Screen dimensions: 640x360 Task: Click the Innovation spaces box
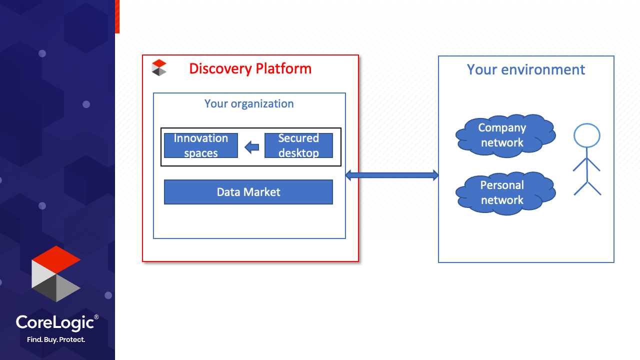pos(201,145)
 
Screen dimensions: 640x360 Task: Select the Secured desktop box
pos(298,145)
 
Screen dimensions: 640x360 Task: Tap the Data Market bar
pos(248,192)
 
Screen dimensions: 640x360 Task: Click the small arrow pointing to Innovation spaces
pos(251,147)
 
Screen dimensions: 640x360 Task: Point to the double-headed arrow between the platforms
pos(392,175)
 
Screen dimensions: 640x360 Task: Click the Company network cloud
pos(505,135)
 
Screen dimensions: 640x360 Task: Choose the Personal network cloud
pos(505,193)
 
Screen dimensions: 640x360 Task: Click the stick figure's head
pos(587,135)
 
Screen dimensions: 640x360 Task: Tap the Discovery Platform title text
pos(250,68)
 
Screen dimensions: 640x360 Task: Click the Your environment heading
pos(525,69)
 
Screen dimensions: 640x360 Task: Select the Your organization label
pos(249,103)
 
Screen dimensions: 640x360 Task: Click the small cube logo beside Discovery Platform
pos(159,67)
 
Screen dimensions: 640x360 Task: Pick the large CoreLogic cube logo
pos(56,273)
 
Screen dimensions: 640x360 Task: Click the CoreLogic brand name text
pos(55,323)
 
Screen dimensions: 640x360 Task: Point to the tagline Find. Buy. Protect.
pos(56,339)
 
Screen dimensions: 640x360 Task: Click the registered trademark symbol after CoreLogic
pos(96,317)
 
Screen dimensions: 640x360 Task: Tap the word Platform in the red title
pos(283,68)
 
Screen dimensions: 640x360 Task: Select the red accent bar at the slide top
pos(117,16)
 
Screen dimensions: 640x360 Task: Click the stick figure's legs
pos(587,188)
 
